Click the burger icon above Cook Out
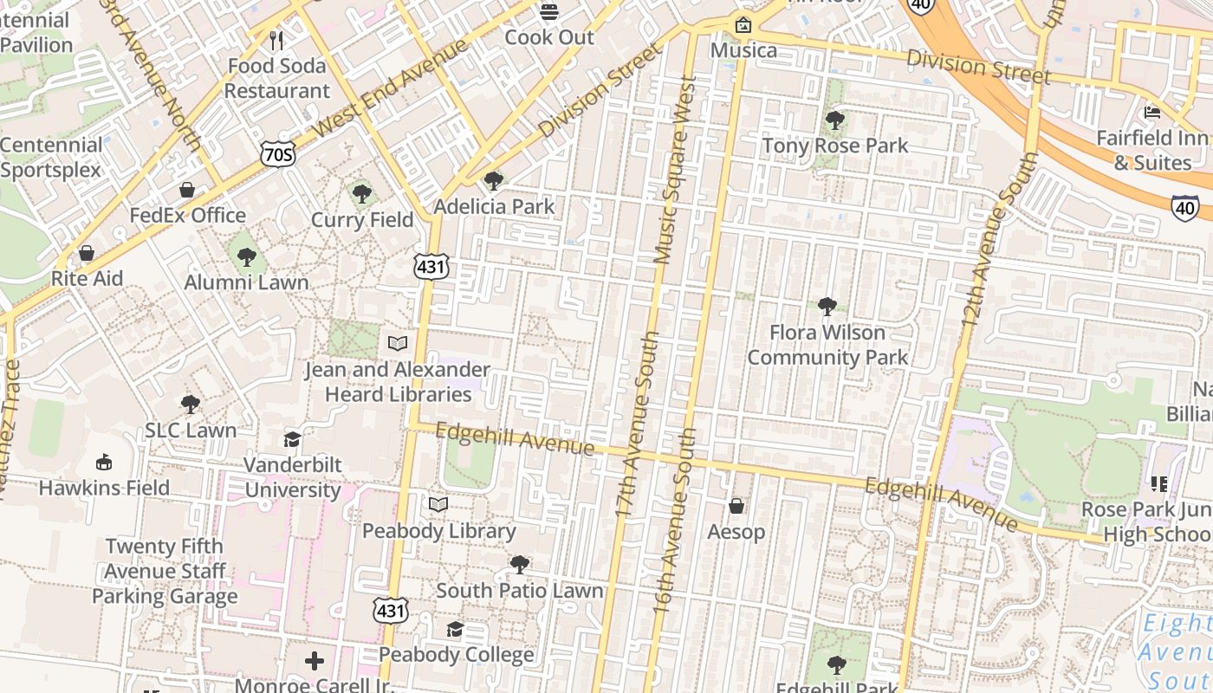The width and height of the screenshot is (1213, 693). click(x=549, y=12)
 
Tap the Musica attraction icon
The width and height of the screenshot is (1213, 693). click(x=743, y=25)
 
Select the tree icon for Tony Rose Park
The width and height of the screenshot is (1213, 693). click(x=835, y=120)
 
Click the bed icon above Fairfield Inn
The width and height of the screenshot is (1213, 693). click(x=1152, y=112)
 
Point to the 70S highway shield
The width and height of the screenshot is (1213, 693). click(x=277, y=154)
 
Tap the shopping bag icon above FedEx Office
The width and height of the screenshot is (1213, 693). click(x=187, y=190)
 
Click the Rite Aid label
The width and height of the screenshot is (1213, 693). click(x=87, y=278)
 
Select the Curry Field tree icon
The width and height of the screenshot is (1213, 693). click(x=362, y=194)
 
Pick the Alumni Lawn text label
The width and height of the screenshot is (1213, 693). click(x=247, y=282)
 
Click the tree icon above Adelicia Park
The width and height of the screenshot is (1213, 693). click(x=494, y=181)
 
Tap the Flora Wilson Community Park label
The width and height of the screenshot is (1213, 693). click(x=827, y=345)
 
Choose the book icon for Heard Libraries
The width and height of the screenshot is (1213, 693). click(x=398, y=344)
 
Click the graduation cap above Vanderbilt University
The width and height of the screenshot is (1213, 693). click(x=292, y=439)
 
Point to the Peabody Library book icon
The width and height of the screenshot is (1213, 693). click(x=438, y=504)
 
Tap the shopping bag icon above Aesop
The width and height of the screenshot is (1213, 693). click(x=736, y=505)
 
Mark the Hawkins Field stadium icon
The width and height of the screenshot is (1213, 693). click(x=104, y=462)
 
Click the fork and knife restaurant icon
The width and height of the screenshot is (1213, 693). click(x=276, y=41)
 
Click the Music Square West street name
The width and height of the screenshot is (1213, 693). click(x=676, y=170)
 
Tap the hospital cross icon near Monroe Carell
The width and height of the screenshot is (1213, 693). click(x=315, y=662)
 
